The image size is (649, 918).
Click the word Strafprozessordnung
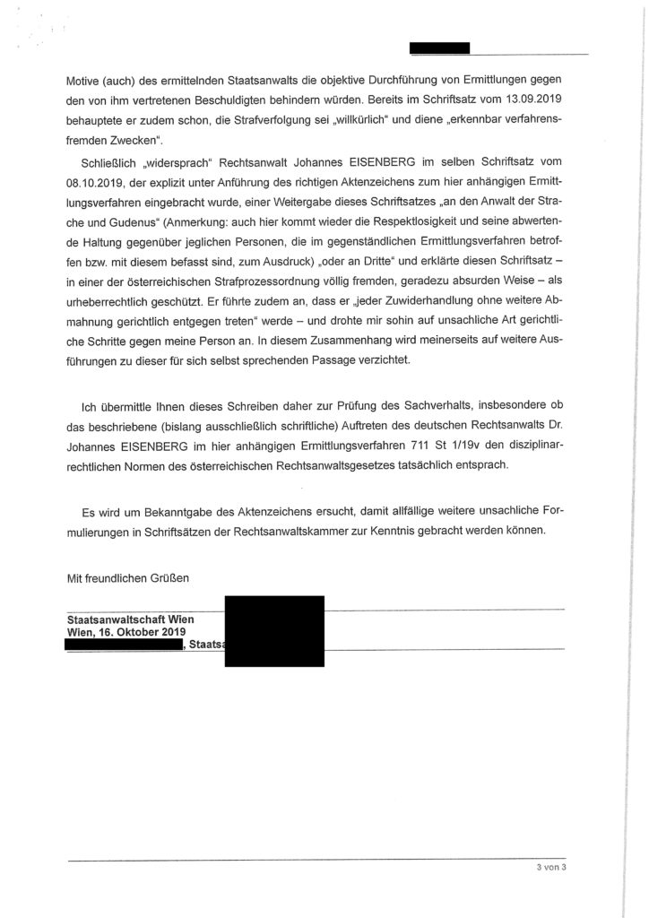[x=283, y=290]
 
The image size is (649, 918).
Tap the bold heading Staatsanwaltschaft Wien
[x=131, y=620]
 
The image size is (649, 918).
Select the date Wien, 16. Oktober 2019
[x=126, y=632]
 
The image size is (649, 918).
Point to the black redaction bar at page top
[x=438, y=48]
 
